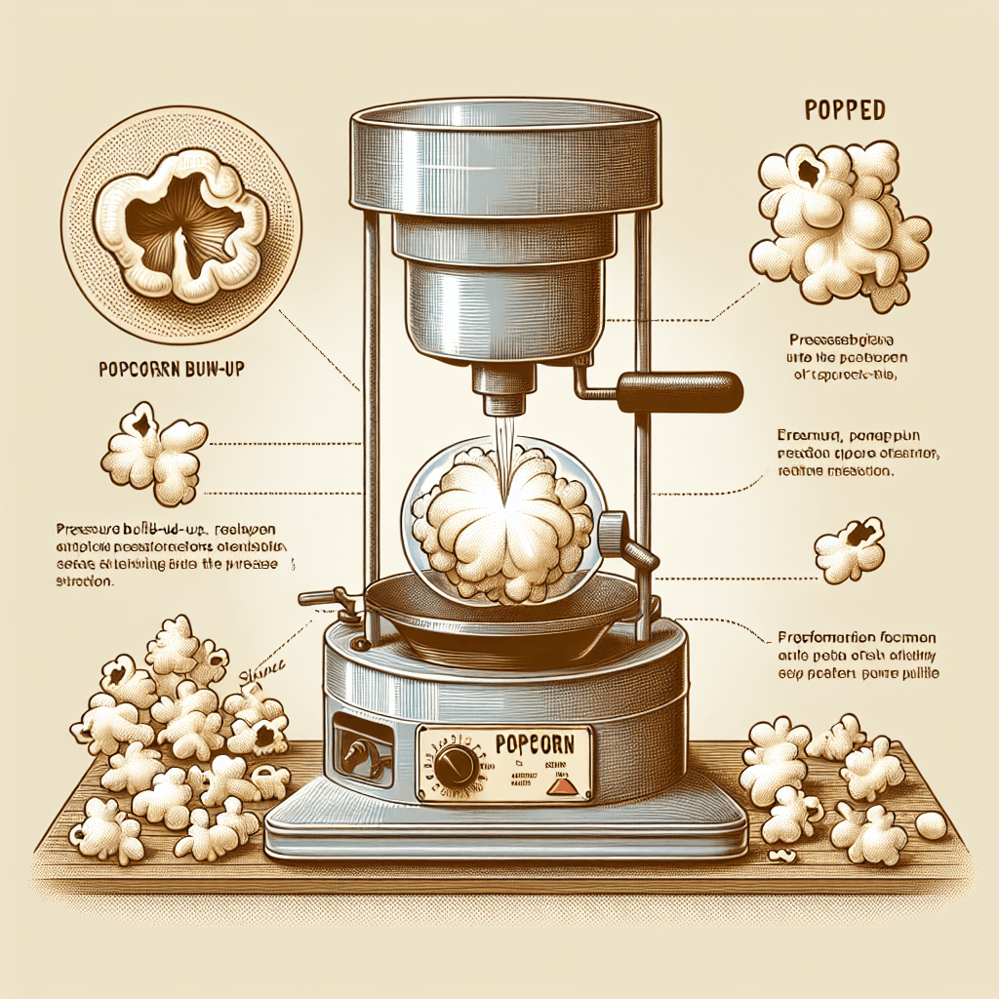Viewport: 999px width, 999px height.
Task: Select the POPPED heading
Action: click(845, 109)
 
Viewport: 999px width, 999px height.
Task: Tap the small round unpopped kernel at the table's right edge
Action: click(931, 825)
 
